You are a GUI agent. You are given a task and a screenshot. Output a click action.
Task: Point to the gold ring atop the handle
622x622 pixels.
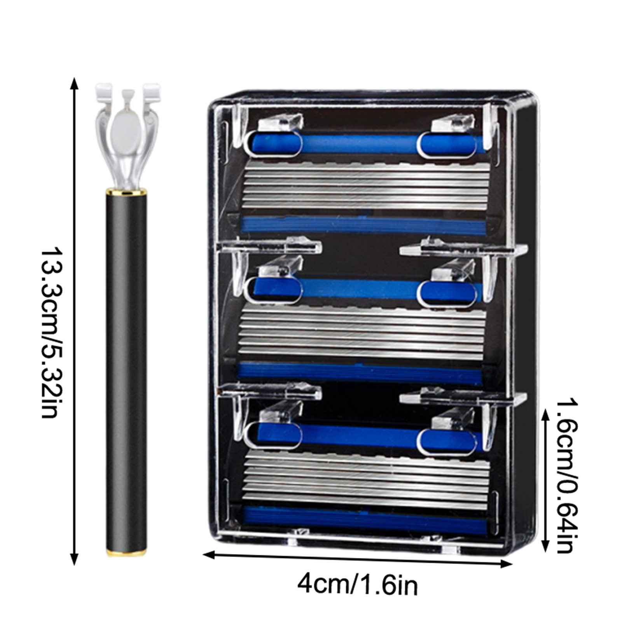click(x=126, y=191)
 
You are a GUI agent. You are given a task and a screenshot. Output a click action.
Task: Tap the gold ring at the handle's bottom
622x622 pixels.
click(x=126, y=553)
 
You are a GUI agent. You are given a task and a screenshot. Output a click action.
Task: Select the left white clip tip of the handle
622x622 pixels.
click(x=104, y=91)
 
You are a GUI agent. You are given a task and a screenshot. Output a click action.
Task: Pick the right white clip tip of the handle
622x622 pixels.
click(x=152, y=91)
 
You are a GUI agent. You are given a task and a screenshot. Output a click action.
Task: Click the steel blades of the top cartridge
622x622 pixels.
click(x=365, y=185)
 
